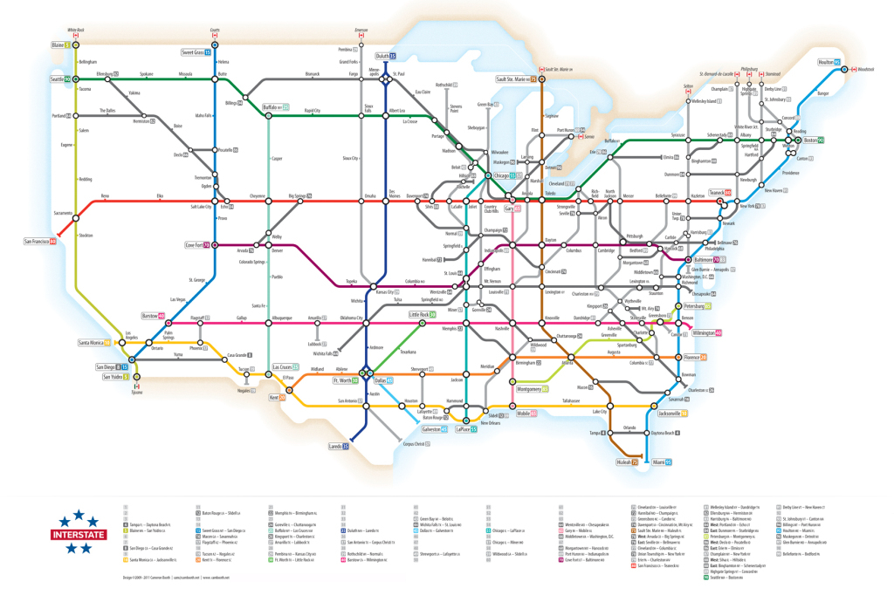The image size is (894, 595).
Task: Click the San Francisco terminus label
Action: [39, 240]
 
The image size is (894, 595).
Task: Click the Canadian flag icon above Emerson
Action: [361, 35]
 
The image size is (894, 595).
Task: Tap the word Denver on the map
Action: [278, 250]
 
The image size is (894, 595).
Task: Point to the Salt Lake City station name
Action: [202, 206]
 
